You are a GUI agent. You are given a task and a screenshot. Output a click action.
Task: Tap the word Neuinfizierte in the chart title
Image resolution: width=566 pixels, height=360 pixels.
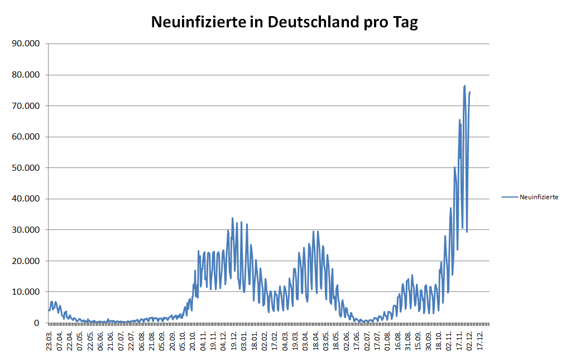pyautogui.click(x=199, y=22)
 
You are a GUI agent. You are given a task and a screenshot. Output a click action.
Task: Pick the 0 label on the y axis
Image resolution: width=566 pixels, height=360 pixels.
pyautogui.click(x=37, y=323)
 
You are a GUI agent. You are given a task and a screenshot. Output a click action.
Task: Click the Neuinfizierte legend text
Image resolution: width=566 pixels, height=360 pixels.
pyautogui.click(x=539, y=197)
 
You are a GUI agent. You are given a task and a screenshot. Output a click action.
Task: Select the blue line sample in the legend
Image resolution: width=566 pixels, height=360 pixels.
pyautogui.click(x=510, y=197)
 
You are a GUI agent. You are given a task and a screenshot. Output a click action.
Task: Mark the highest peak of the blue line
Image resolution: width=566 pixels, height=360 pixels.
pyautogui.click(x=464, y=86)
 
